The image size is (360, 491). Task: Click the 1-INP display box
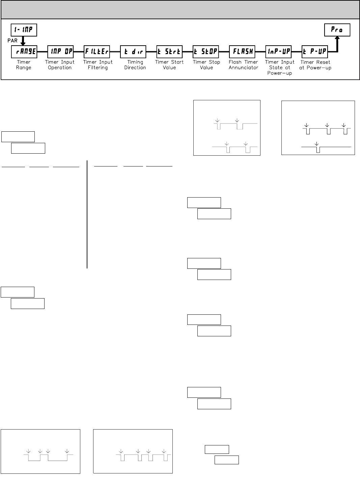pos(24,30)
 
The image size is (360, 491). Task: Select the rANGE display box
pos(24,52)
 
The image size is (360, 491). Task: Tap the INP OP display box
pos(60,52)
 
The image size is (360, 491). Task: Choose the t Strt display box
pos(169,52)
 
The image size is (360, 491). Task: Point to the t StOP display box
pos(206,52)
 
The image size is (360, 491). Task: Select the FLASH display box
pos(242,52)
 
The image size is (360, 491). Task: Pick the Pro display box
pos(337,30)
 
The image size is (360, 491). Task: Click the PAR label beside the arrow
pos(12,41)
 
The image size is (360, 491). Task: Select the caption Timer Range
pos(24,65)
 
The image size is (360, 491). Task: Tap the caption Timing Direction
pos(135,65)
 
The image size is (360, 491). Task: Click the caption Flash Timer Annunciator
pos(243,65)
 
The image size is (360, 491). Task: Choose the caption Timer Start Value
pos(169,65)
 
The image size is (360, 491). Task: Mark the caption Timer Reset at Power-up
pos(315,65)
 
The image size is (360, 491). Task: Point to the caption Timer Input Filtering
pos(98,65)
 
